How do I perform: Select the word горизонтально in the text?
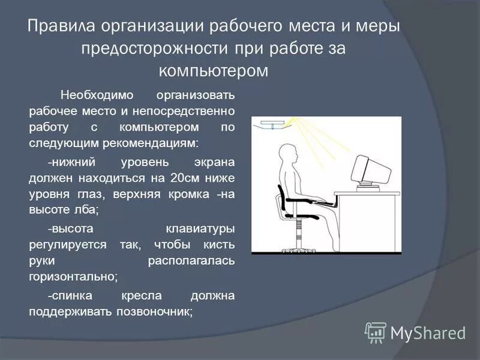(x=72, y=277)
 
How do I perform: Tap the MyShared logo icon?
(x=376, y=332)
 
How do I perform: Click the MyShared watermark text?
(x=428, y=332)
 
